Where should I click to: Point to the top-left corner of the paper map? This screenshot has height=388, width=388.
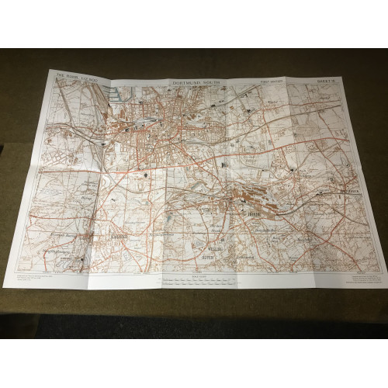(51, 71)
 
